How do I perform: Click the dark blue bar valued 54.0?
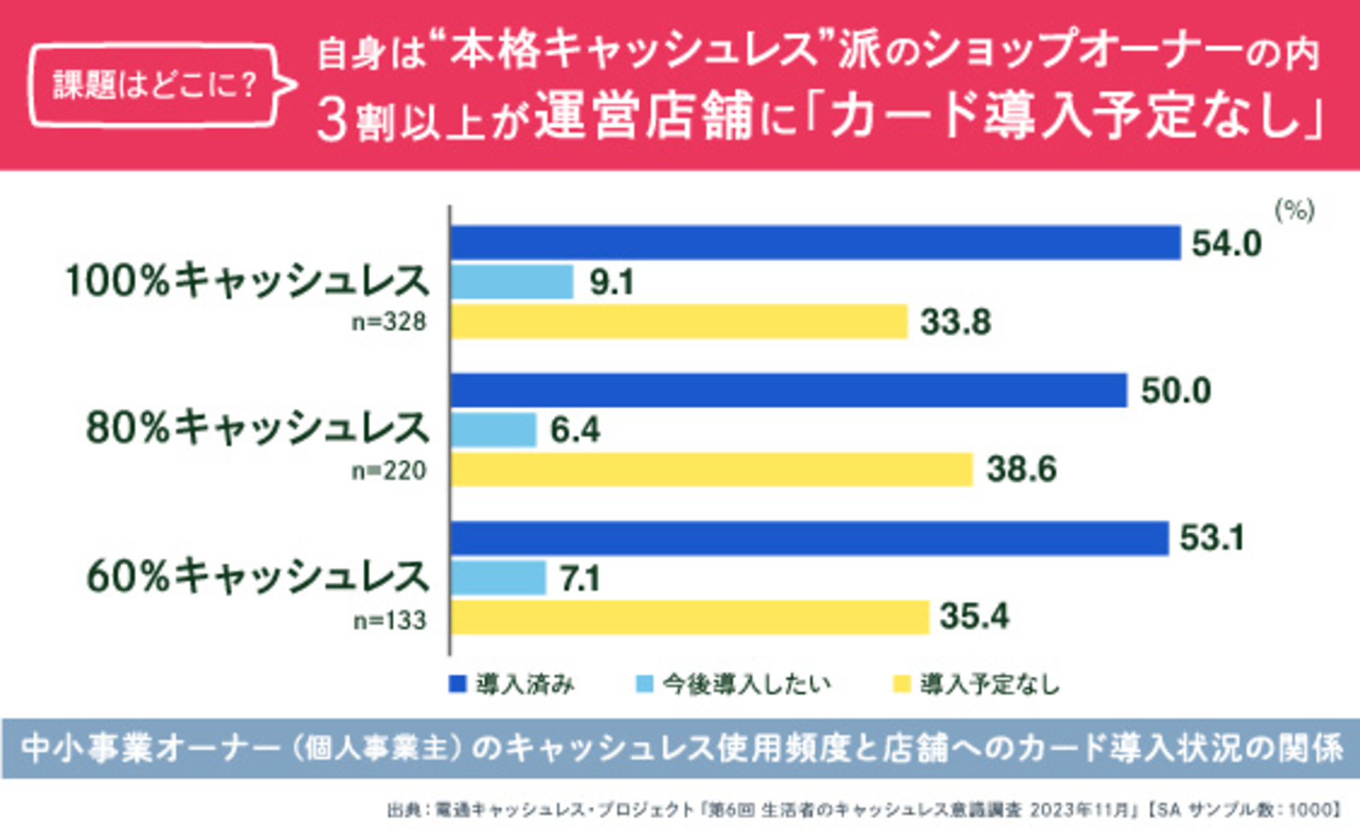tap(815, 243)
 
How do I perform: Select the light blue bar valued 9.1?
tap(512, 282)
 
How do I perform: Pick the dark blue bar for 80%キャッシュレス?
tap(789, 390)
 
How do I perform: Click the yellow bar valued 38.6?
tap(711, 470)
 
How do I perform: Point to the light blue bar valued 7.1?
tap(498, 578)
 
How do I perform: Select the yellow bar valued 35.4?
tap(690, 617)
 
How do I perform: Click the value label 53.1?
tap(1212, 538)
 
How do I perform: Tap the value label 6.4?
tap(575, 430)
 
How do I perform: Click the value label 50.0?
tap(1176, 391)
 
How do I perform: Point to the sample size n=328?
tap(389, 322)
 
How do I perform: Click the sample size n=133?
tap(390, 620)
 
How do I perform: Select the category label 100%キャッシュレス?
tap(248, 281)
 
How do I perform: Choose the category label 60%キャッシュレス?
tap(258, 577)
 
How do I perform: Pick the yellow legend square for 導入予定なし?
tap(901, 684)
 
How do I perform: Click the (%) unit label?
tap(1294, 211)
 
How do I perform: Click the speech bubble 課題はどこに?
tap(155, 86)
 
